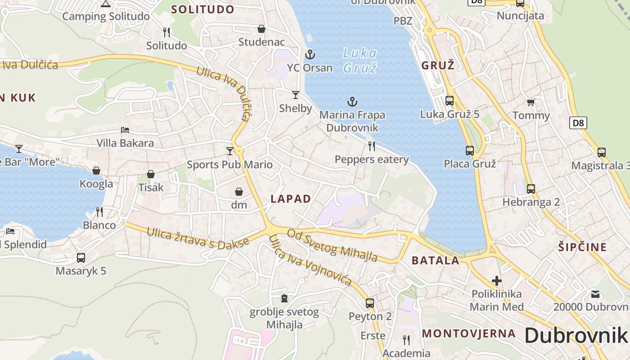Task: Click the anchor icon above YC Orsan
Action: click(310, 55)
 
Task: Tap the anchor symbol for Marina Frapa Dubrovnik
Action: click(352, 102)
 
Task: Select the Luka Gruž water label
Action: click(360, 60)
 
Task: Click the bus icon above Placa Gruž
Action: click(470, 151)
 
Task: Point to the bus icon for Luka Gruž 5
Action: click(449, 101)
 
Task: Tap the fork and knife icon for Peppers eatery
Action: click(372, 146)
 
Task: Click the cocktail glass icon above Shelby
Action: click(295, 94)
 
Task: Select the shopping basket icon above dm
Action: click(239, 192)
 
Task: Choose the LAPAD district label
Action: click(291, 199)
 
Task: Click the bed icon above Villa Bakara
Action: click(125, 130)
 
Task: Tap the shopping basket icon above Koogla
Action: click(96, 171)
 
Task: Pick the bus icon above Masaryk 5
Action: click(81, 258)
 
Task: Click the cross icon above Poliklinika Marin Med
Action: click(497, 281)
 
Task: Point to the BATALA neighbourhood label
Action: click(436, 260)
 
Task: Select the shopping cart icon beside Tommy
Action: click(531, 103)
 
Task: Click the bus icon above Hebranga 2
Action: click(531, 189)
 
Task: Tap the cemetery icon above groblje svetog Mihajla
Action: click(284, 298)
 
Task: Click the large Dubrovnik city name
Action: click(576, 335)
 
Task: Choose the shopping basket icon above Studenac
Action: click(261, 29)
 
